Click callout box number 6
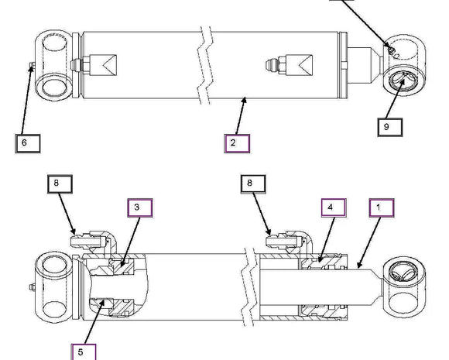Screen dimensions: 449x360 28,143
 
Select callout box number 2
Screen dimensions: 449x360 237,143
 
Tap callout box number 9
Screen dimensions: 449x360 389,127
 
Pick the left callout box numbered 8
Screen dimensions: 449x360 60,184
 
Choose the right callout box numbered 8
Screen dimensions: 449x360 253,184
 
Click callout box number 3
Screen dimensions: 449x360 140,208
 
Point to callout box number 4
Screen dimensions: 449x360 334,208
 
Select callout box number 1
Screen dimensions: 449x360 382,208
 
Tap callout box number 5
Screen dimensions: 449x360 84,352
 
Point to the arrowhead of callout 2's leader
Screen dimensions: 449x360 245,100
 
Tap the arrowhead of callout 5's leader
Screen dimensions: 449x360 103,303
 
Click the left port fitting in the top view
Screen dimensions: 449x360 94,65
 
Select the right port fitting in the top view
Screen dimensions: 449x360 290,65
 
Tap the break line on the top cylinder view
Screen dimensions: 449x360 205,65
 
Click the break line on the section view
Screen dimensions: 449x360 248,286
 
